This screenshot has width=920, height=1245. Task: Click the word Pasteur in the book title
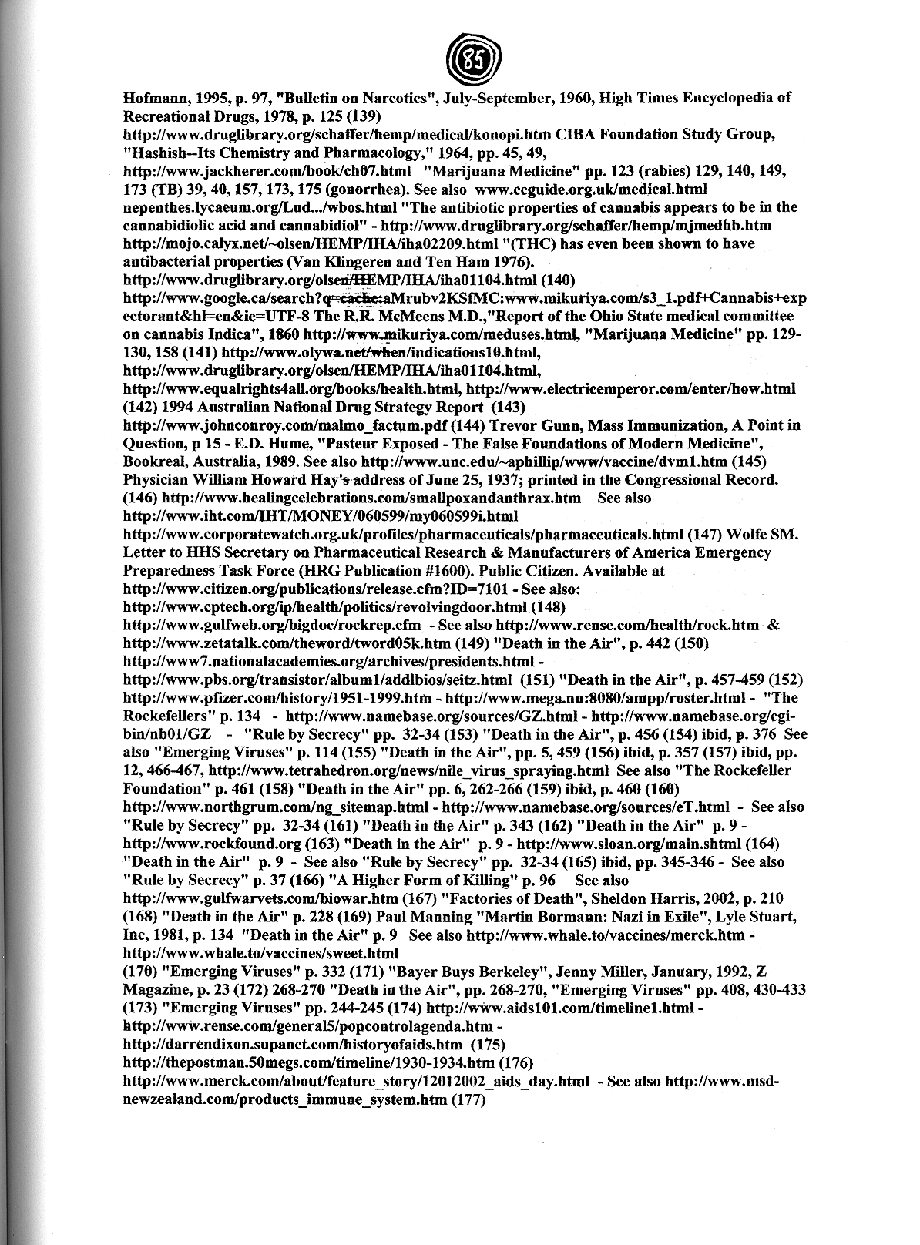point(354,444)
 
